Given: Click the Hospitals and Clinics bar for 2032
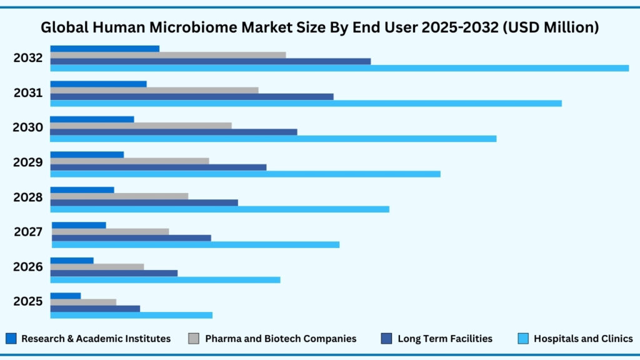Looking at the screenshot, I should (339, 68).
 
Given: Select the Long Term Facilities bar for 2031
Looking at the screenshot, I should (191, 96).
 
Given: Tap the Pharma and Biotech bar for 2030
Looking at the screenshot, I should (141, 126).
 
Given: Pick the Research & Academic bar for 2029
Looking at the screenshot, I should (87, 154).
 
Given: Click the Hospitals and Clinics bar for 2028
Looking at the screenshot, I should (219, 209).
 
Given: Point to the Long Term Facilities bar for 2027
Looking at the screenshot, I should (131, 237).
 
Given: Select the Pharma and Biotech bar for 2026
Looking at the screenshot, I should (97, 266).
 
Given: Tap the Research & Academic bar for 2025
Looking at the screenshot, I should (65, 296).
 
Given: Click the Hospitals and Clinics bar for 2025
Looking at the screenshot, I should (131, 315).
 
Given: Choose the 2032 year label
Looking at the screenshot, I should (28, 58).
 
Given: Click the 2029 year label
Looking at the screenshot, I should (28, 162).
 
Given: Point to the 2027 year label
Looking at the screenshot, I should (28, 232).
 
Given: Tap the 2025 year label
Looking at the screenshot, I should (28, 301).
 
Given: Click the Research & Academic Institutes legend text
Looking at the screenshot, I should (96, 339).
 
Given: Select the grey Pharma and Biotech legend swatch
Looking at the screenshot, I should (193, 339).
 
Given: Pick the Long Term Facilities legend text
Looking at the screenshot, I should (444, 339).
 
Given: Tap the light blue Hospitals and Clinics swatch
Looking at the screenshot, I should (523, 339).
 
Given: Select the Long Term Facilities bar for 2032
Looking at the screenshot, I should (210, 61).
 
